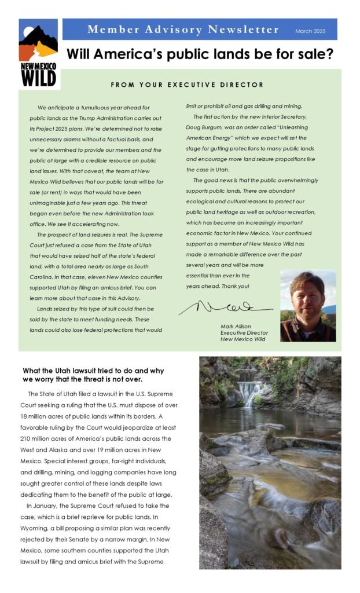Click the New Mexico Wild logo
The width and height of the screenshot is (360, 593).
38,53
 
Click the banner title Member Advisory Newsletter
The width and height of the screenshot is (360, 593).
183,30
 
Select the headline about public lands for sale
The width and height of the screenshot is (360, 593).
200,55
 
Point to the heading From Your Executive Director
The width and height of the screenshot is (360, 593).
187,85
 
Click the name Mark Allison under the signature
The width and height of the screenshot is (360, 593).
236,327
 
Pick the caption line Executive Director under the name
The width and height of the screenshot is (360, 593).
244,333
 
